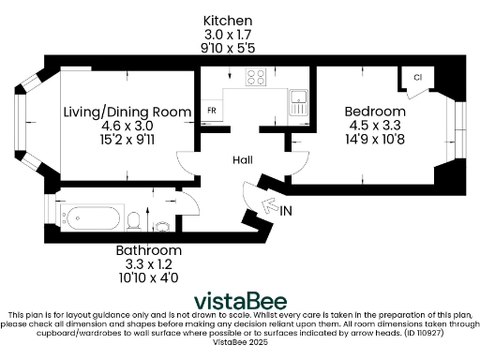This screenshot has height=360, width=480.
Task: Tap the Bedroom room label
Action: click(x=374, y=112)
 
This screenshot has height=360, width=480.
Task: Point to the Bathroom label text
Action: click(x=149, y=251)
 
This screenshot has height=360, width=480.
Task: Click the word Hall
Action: click(x=243, y=161)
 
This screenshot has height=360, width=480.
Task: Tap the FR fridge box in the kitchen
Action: click(x=211, y=110)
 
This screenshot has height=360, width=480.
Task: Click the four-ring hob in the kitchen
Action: click(x=256, y=78)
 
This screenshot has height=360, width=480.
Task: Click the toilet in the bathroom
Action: click(x=136, y=220)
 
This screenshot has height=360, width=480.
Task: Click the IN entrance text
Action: click(x=286, y=212)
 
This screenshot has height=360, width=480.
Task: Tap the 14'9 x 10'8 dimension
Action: click(x=374, y=139)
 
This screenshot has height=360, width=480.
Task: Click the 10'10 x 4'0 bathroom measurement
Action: click(x=149, y=278)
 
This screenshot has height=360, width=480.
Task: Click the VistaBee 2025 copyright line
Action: click(x=240, y=344)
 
